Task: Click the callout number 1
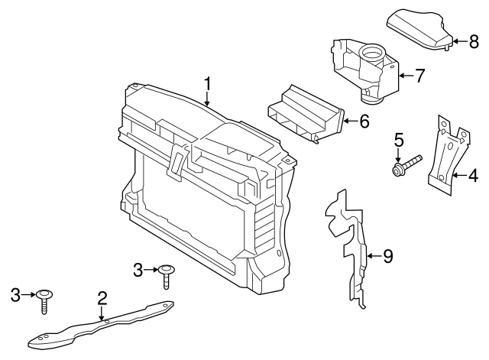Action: coord(206,83)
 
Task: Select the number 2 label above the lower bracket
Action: coord(101,298)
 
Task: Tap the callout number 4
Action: coord(473,176)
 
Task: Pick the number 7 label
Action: coord(419,75)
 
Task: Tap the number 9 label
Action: coord(387,256)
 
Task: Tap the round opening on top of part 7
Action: coord(371,54)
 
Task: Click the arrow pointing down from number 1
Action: coord(206,97)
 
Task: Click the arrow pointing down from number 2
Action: coord(101,312)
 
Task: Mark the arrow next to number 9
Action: coord(373,256)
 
